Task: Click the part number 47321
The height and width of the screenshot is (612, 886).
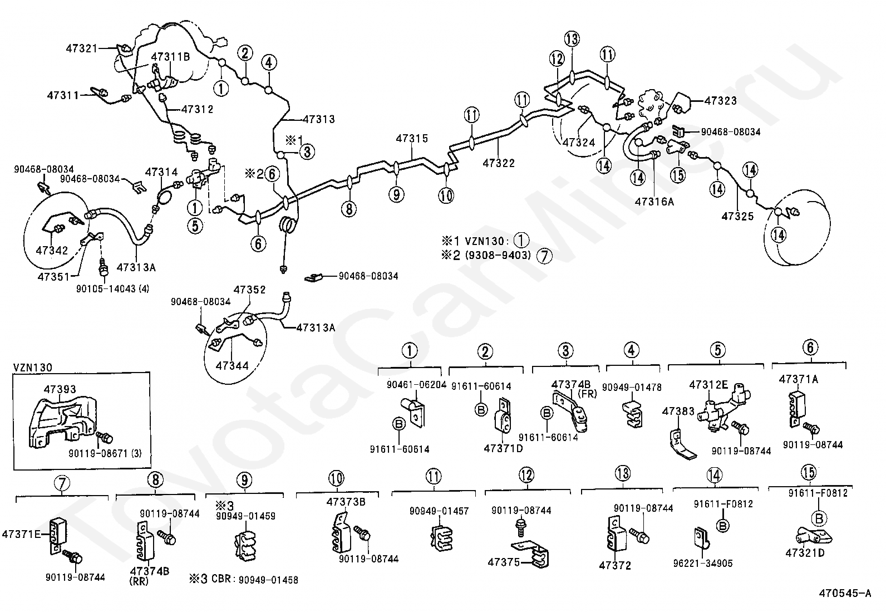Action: (x=82, y=48)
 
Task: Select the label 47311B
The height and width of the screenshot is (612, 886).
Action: (x=170, y=56)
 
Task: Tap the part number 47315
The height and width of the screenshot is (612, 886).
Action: (x=412, y=138)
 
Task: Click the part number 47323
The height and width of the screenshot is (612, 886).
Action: (x=720, y=101)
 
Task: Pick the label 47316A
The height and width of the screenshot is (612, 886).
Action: (x=654, y=201)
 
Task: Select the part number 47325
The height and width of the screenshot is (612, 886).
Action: (x=737, y=216)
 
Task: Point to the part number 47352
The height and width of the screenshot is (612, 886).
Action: (x=249, y=290)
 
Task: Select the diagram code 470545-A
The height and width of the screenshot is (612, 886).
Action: (x=844, y=594)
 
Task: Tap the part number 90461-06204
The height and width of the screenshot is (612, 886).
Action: (x=416, y=385)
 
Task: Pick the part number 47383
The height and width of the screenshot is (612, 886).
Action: (x=678, y=412)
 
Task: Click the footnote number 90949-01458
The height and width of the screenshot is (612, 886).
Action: (x=268, y=580)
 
